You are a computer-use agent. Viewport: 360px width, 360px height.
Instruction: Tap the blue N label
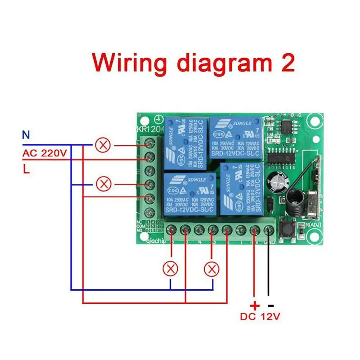pyautogui.click(x=26, y=134)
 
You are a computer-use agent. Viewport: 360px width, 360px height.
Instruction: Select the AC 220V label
pyautogui.click(x=45, y=153)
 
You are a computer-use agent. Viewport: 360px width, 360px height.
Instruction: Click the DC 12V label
pyautogui.click(x=260, y=317)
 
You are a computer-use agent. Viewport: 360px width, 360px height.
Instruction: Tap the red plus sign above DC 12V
pyautogui.click(x=255, y=305)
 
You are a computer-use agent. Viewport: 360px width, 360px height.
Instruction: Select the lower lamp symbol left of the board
pyautogui.click(x=104, y=184)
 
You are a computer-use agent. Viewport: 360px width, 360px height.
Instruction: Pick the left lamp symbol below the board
pyautogui.click(x=170, y=269)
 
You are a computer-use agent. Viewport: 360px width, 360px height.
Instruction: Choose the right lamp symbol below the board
pyautogui.click(x=211, y=269)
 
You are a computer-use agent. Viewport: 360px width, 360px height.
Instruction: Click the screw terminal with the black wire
pyautogui.click(x=268, y=231)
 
